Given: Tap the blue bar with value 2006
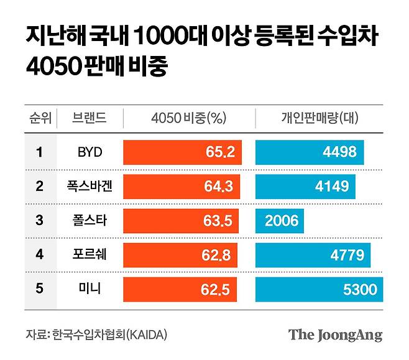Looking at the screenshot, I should click(x=280, y=220).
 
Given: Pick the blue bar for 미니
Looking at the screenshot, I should click(x=319, y=289).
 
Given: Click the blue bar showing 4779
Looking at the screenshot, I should click(x=313, y=255).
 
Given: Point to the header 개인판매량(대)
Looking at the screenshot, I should click(x=319, y=118).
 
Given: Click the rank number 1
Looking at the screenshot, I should click(x=39, y=152).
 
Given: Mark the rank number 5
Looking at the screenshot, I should click(x=39, y=289).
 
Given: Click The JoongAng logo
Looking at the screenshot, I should click(x=335, y=335).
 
